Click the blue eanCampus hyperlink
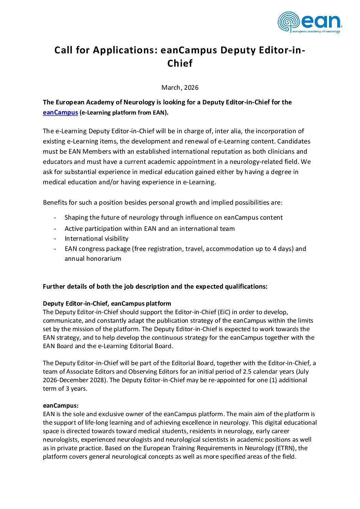point(60,113)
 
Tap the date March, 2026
point(180,88)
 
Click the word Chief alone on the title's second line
point(180,64)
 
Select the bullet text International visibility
point(97,239)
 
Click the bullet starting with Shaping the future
point(174,218)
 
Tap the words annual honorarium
point(93,259)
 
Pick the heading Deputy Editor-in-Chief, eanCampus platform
point(107,304)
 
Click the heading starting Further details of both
point(155,287)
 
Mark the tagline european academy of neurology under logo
point(316,32)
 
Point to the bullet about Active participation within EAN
point(150,229)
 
